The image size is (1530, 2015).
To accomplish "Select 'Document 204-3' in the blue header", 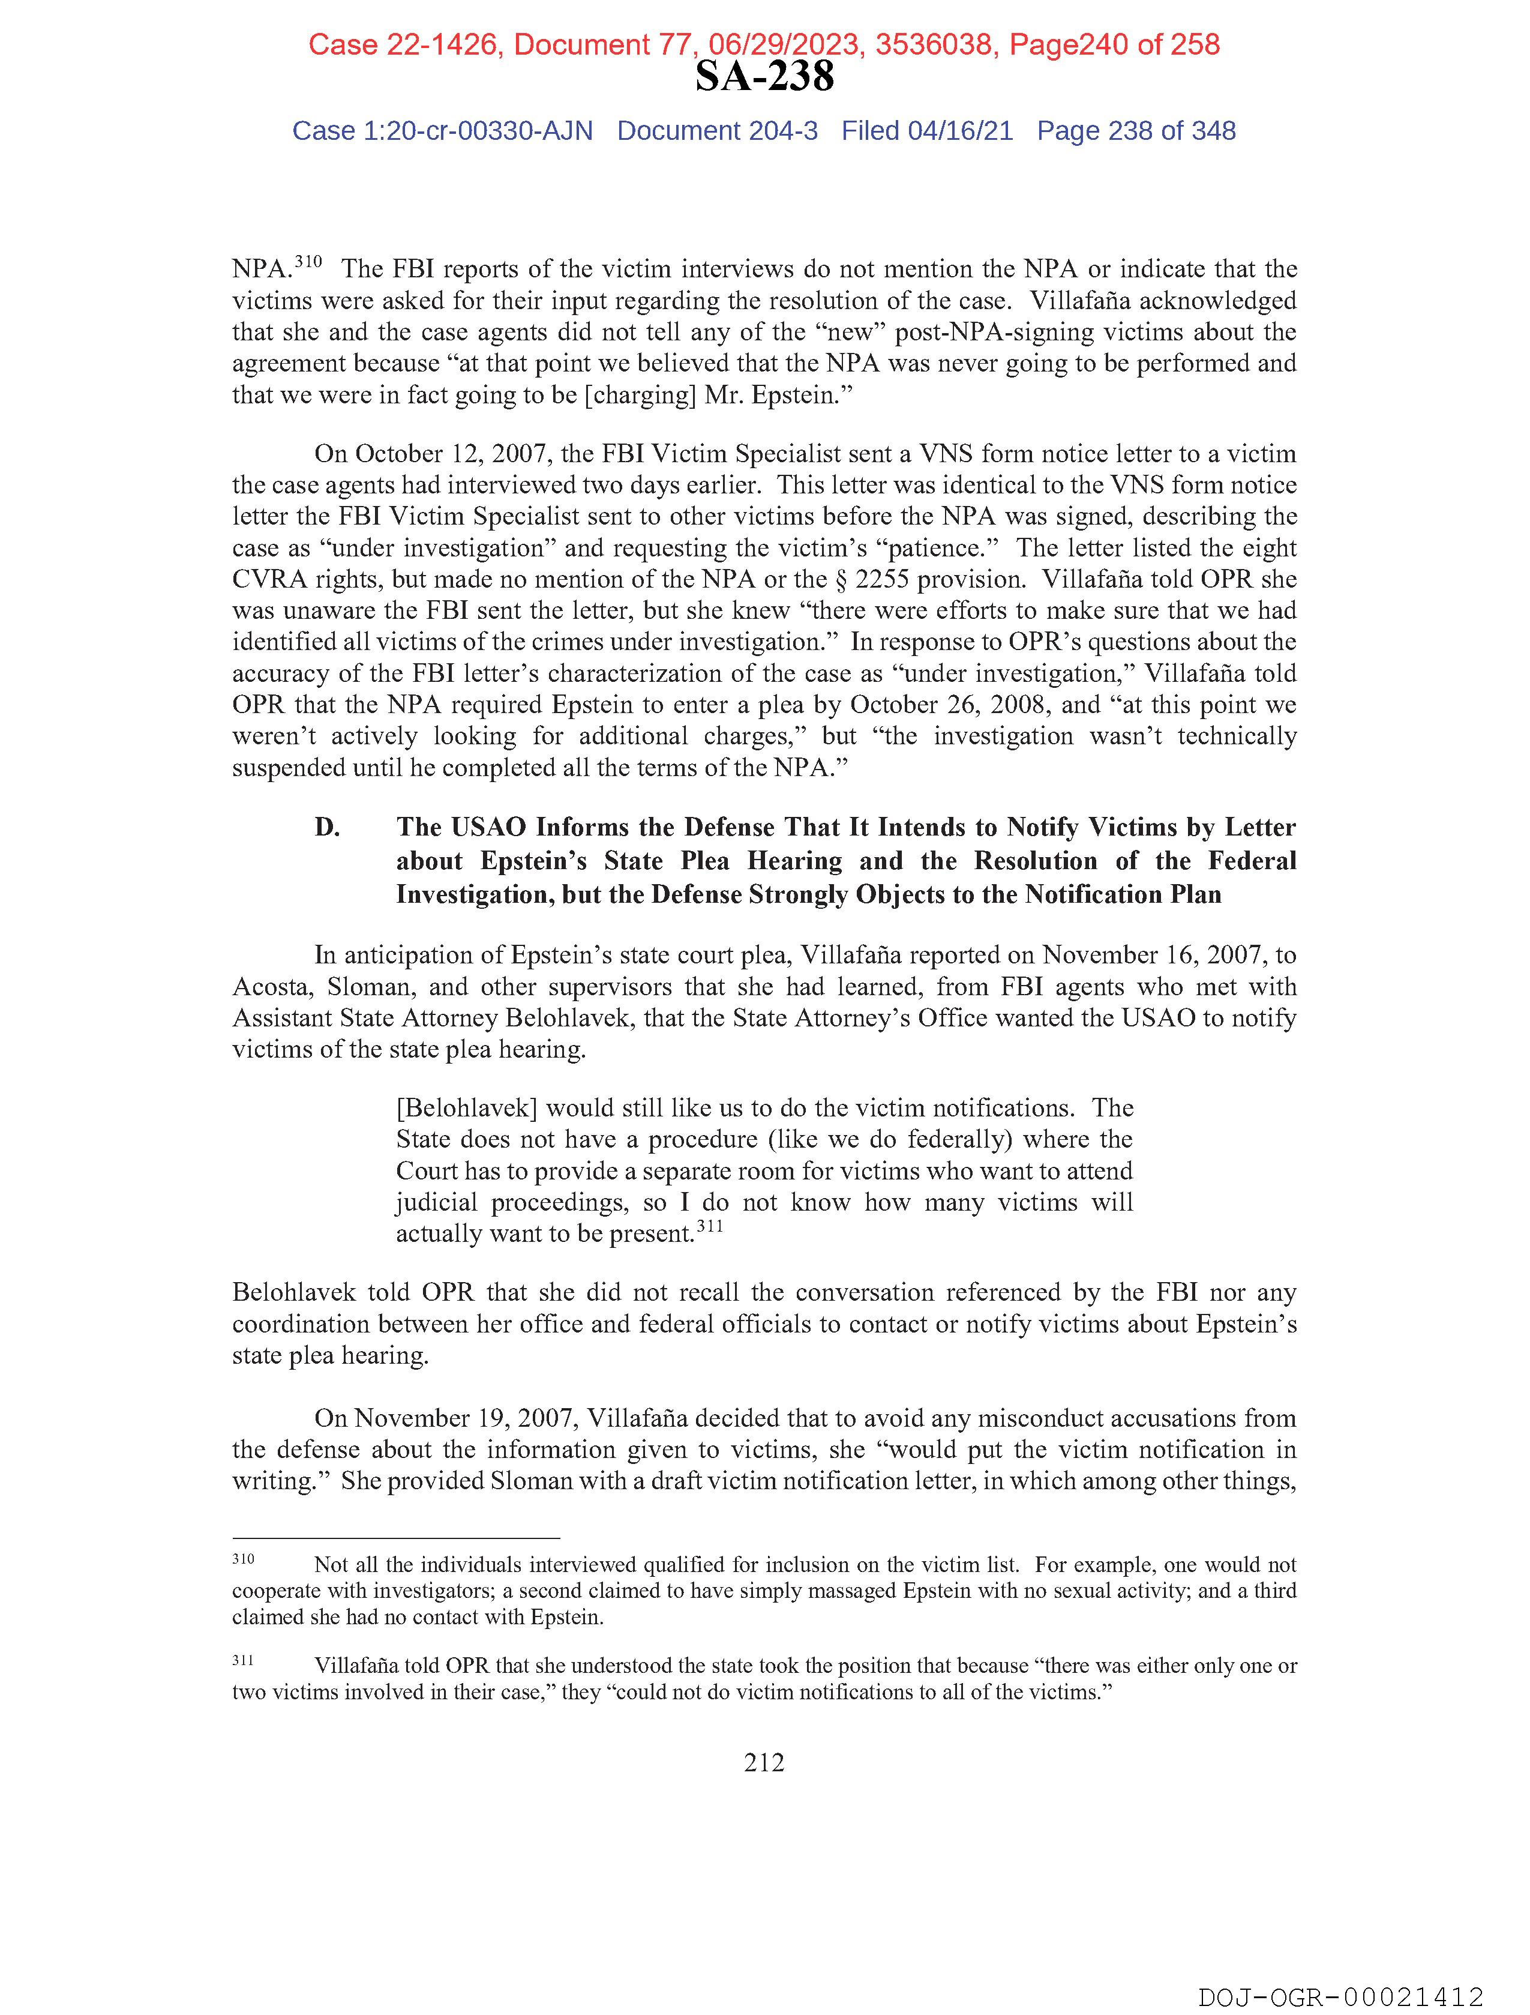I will click(x=717, y=131).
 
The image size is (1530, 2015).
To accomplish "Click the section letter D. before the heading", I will click(x=327, y=827).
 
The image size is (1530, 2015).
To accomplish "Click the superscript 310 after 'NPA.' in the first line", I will click(x=309, y=262).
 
